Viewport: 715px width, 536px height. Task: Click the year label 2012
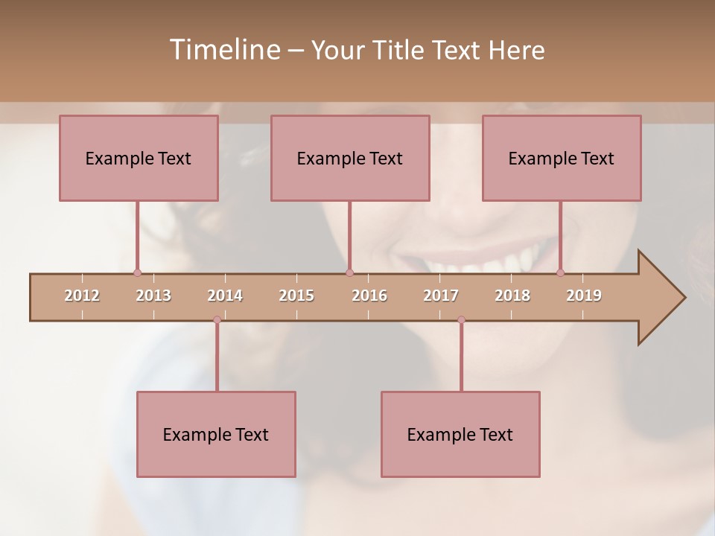point(82,296)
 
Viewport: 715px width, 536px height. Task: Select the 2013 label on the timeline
point(153,296)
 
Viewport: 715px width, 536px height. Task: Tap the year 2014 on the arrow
point(225,296)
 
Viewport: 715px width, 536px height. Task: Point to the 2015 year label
point(296,296)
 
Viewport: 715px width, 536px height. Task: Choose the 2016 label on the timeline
point(369,296)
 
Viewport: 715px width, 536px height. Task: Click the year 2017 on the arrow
point(441,296)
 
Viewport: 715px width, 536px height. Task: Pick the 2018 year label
point(512,296)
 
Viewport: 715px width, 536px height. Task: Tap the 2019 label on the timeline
point(584,296)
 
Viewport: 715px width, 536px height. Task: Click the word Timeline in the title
point(223,50)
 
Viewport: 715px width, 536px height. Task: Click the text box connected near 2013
point(139,158)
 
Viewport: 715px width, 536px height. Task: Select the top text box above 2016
point(350,158)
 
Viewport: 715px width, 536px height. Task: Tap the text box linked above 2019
point(562,158)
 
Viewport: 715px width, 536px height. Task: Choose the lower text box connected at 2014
point(216,434)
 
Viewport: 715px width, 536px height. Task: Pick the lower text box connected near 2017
point(460,434)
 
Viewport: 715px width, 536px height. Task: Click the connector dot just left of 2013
point(137,272)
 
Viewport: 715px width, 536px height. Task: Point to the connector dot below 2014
point(217,319)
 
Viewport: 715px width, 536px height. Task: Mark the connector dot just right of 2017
point(461,319)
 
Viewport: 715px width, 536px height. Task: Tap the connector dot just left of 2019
point(560,272)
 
